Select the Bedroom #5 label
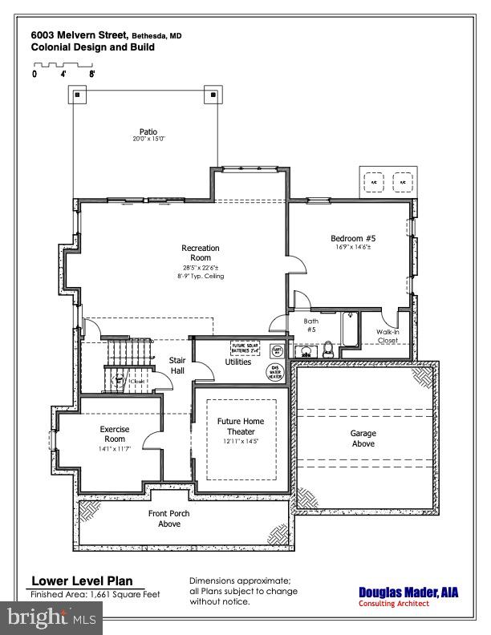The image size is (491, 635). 353,239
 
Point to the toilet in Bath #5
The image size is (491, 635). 328,349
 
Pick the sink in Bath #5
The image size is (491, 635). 306,350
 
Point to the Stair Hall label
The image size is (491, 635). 177,366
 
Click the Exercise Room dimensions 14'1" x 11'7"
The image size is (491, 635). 114,448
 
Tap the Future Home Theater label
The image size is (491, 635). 241,426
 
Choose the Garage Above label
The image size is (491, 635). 363,439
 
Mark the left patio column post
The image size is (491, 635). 77,95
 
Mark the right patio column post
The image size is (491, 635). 213,95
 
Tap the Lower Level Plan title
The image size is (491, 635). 82,581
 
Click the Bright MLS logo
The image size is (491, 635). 51,617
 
